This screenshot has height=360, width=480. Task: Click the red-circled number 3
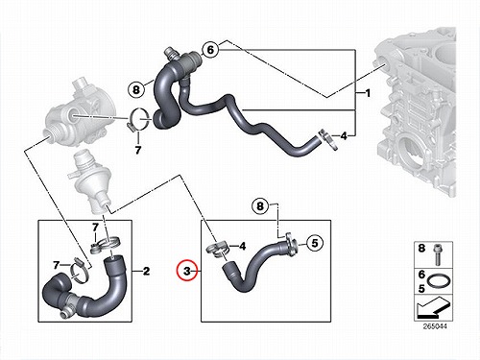[x=187, y=272]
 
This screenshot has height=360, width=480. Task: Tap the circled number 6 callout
[x=210, y=50]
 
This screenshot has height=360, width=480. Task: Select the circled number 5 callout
[x=315, y=243]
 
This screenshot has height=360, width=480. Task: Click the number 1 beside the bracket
[x=368, y=93]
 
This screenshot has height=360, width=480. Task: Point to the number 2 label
[x=146, y=272]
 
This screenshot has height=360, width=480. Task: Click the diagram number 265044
[x=435, y=326]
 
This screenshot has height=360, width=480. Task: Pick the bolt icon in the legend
[x=437, y=255]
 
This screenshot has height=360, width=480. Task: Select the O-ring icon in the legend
[x=437, y=281]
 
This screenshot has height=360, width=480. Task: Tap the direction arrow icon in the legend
[x=434, y=307]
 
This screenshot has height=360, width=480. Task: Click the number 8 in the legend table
[x=421, y=248]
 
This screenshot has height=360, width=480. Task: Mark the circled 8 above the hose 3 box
[x=260, y=205]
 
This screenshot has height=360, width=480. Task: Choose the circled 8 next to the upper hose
[x=136, y=89]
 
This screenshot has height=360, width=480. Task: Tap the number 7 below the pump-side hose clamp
[x=138, y=150]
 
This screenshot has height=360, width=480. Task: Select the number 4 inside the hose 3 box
[x=243, y=246]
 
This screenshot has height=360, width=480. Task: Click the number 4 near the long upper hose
[x=344, y=136]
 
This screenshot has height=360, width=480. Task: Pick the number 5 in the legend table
[x=421, y=289]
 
